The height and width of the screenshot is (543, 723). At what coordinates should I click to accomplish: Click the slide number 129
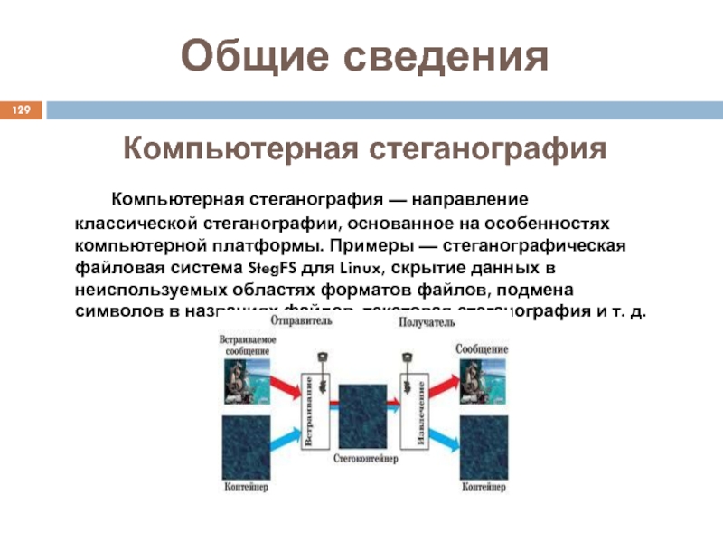tap(21, 110)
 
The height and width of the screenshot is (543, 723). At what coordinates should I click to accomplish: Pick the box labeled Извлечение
tap(420, 413)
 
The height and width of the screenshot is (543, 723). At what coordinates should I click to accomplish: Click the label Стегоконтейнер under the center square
tap(365, 459)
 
